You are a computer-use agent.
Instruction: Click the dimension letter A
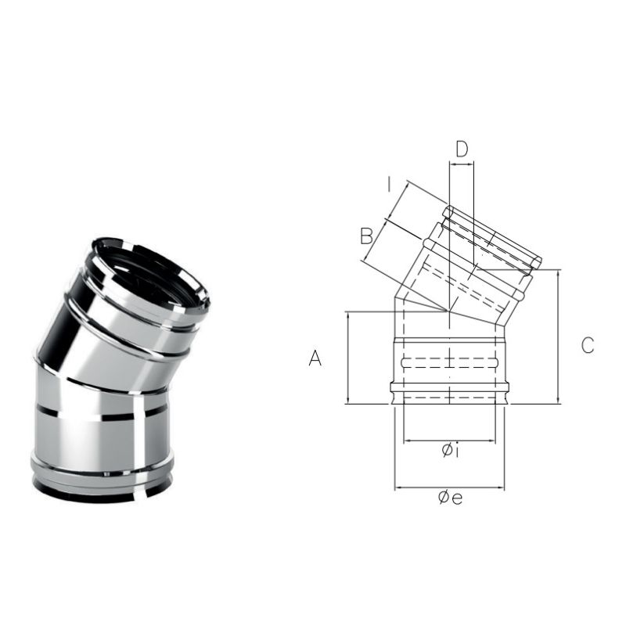315,358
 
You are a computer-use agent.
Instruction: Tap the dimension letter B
366,236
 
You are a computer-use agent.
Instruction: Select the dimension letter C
588,345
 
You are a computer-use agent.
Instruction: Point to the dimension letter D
462,149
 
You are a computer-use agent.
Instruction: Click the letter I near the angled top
389,185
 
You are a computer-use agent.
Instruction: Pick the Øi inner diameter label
451,451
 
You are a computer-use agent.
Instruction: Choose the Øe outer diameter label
450,497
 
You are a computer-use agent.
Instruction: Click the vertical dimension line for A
349,358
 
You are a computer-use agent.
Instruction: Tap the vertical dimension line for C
558,336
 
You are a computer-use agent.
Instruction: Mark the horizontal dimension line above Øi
449,441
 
